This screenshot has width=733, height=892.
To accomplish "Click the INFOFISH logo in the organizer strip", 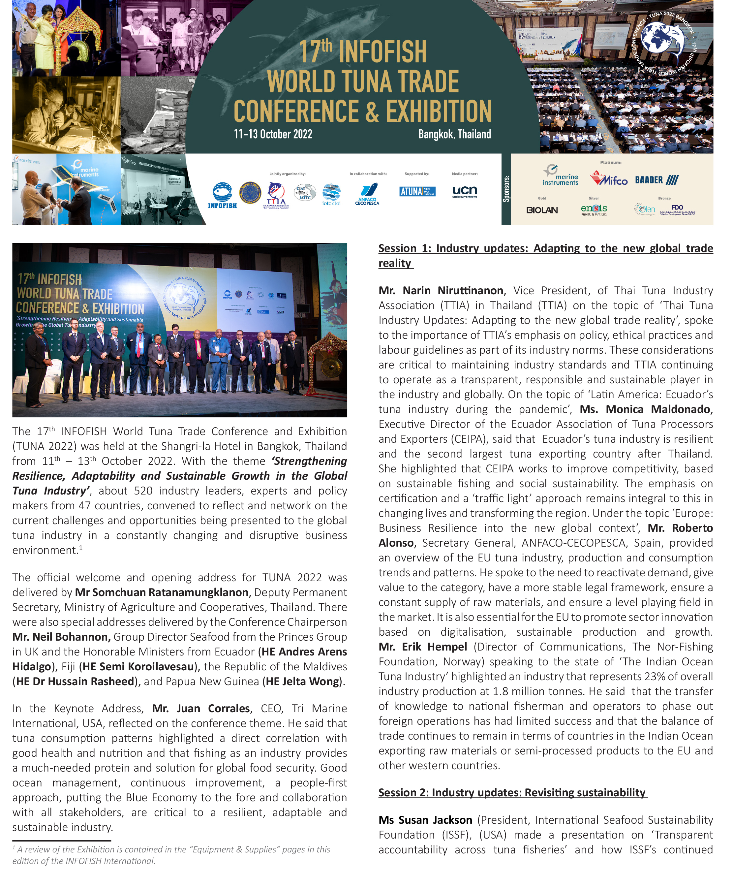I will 222,195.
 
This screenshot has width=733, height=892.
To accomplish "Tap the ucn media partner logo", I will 465,191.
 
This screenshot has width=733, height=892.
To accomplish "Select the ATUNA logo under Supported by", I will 417,191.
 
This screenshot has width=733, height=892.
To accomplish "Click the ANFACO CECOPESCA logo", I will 367,194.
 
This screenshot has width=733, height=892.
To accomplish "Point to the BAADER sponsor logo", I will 657,180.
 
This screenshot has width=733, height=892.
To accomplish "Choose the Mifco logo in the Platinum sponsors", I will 609,179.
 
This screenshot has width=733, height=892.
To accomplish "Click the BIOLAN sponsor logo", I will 542,210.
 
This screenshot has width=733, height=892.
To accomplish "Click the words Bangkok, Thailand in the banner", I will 454,134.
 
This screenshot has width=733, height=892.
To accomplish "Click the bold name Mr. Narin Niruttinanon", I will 441,291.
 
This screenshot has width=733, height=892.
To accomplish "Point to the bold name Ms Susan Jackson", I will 425,820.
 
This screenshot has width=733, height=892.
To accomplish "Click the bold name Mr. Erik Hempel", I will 423,647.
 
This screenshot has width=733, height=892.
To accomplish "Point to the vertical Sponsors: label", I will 506,189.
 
